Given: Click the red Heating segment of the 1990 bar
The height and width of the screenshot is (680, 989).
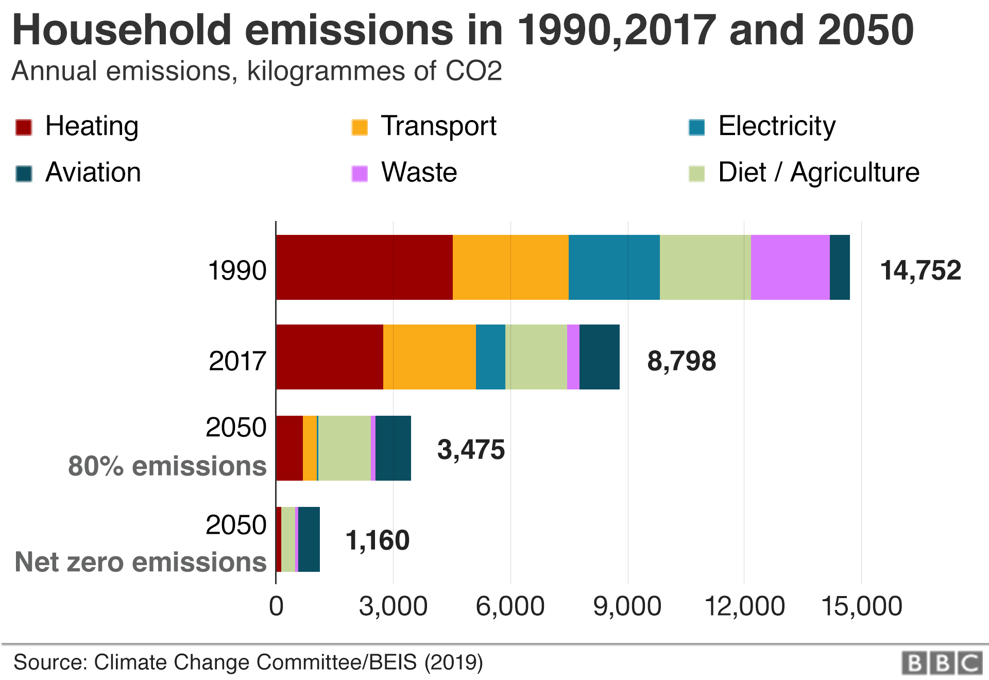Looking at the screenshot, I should tap(364, 267).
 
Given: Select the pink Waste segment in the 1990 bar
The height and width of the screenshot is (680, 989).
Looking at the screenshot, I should tap(790, 267).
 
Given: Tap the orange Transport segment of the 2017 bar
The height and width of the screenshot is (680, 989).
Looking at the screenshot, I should tap(429, 357).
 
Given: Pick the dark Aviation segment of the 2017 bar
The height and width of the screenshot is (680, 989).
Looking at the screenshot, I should tap(599, 357).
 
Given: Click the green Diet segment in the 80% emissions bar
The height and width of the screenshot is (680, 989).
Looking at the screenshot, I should tap(344, 448).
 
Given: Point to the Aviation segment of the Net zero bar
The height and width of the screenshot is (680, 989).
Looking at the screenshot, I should tap(309, 539).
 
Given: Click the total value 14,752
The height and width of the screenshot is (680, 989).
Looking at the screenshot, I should tap(920, 270).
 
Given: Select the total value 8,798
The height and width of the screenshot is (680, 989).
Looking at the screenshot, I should tap(681, 361).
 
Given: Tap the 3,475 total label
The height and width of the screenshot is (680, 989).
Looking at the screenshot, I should tap(471, 449).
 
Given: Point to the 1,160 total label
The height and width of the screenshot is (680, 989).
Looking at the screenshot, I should tap(378, 540).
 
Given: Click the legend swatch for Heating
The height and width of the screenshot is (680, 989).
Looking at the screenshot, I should tap(24, 127).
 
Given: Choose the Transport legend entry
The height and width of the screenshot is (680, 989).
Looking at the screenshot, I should tap(438, 126).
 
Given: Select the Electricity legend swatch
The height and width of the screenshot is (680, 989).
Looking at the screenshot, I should tap(696, 127).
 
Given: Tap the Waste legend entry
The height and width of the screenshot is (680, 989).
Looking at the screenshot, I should tap(419, 173).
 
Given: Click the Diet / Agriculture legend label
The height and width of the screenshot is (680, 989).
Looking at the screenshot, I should tap(819, 173).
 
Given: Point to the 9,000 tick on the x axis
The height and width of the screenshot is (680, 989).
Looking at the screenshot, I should tap(627, 606).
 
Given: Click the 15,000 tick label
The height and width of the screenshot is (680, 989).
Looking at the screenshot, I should tap(861, 606).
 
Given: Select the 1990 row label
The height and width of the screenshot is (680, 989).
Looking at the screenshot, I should tap(237, 270).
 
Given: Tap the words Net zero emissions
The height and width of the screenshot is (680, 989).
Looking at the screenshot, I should tap(141, 562).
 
